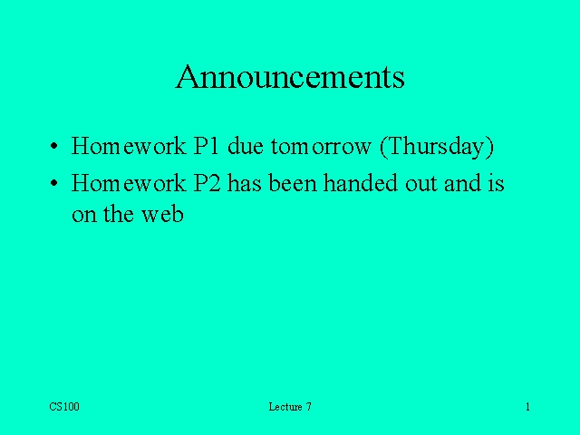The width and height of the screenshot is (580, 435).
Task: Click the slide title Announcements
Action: pyautogui.click(x=290, y=76)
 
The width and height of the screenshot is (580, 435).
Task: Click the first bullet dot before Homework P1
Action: pyautogui.click(x=54, y=146)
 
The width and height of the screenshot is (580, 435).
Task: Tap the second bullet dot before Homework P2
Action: pyautogui.click(x=54, y=183)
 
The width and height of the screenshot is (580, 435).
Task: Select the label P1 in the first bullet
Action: pyautogui.click(x=206, y=146)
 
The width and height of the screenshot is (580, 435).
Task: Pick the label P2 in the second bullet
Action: pyautogui.click(x=208, y=183)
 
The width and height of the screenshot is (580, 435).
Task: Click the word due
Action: pyautogui.click(x=246, y=145)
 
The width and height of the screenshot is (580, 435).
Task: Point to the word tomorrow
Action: pyautogui.click(x=321, y=147)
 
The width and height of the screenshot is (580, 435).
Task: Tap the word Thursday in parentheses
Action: pyautogui.click(x=437, y=147)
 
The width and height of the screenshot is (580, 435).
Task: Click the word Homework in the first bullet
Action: pyautogui.click(x=129, y=145)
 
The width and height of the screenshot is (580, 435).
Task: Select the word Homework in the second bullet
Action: pyautogui.click(x=129, y=182)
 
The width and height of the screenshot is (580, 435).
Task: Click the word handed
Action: pyautogui.click(x=361, y=182)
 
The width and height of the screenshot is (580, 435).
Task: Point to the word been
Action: pyautogui.click(x=293, y=182)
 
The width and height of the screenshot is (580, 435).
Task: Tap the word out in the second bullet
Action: pyautogui.click(x=421, y=184)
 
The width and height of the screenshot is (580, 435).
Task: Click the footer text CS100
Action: pyautogui.click(x=64, y=407)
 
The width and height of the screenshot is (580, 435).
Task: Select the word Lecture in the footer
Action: pyautogui.click(x=285, y=407)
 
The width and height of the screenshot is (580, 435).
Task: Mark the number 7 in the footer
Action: pyautogui.click(x=308, y=407)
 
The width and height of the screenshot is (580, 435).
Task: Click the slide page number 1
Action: pyautogui.click(x=527, y=407)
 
